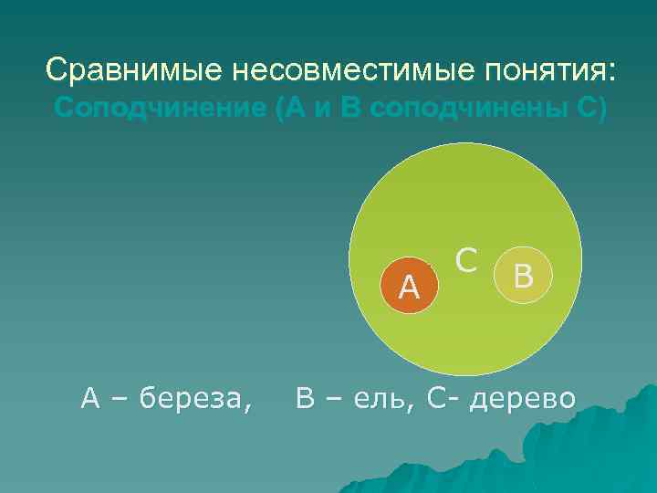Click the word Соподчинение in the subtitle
tap(158, 107)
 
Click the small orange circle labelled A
tap(410, 287)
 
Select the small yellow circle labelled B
tap(523, 275)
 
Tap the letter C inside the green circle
tap(467, 261)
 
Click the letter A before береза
tap(90, 398)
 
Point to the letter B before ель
tap(305, 398)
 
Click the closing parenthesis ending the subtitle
tap(600, 108)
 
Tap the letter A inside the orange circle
tap(410, 289)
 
